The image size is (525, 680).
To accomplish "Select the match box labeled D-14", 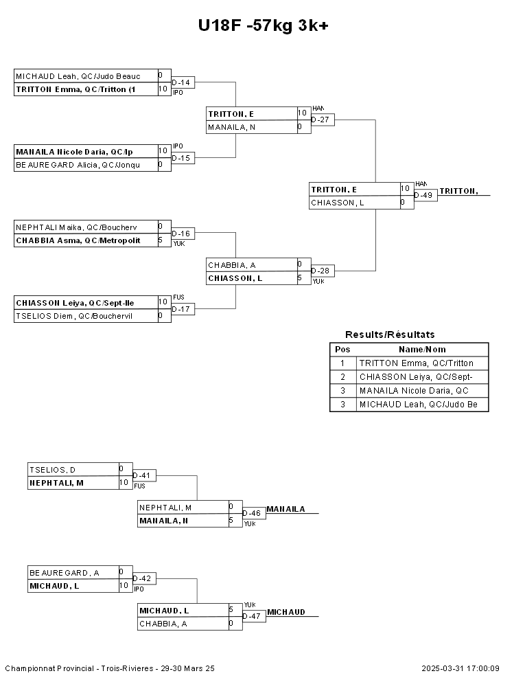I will coord(183,83).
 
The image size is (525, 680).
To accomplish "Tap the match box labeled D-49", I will coord(425,196).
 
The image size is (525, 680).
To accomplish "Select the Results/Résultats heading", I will coord(390,335).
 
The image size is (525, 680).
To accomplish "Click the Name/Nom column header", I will coord(422,350).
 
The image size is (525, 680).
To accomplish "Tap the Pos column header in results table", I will coord(342,350).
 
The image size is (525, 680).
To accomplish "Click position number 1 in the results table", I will coord(342,363).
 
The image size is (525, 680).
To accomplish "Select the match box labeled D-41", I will coord(145,475).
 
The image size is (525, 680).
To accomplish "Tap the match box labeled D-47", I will coord(253,616).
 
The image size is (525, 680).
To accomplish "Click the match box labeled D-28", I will coord(322,271).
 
